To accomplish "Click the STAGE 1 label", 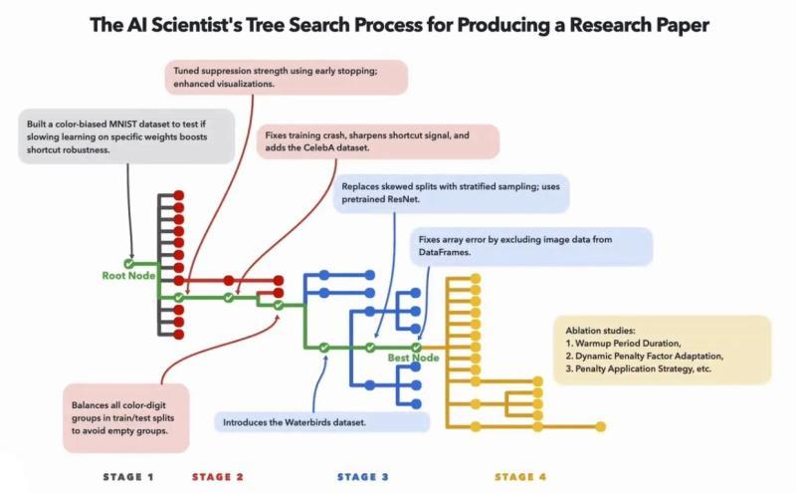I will (x=128, y=477).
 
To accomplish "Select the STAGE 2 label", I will (x=217, y=477).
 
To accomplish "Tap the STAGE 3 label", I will (x=363, y=477).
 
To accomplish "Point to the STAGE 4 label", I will (x=520, y=477).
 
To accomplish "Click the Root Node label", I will (x=128, y=276).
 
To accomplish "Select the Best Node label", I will (x=413, y=357).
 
